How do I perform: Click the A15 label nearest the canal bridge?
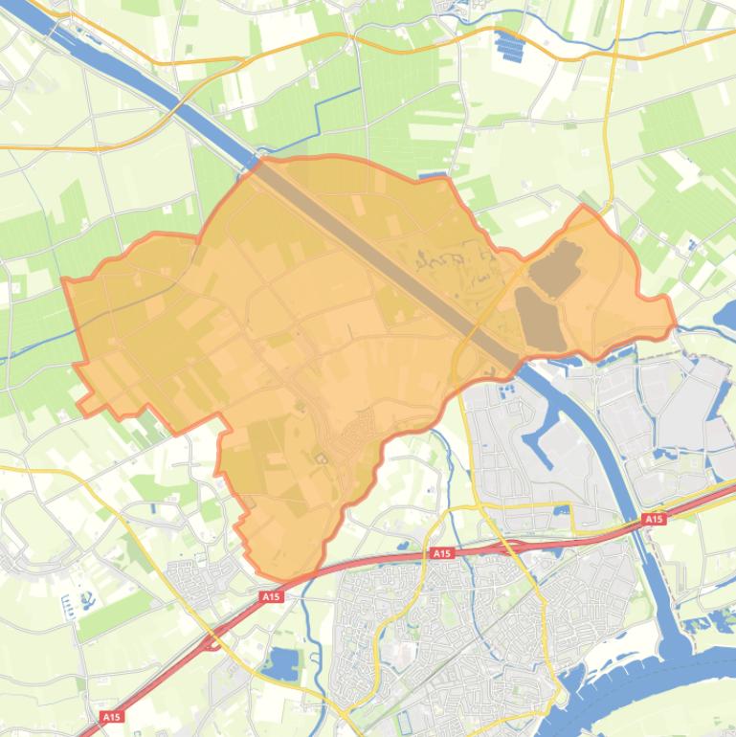pos(654,519)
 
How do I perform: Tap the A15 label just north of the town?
pos(441,553)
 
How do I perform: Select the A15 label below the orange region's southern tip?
pos(272,596)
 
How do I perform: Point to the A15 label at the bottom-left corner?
pos(111,716)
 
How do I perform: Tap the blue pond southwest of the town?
pos(284,662)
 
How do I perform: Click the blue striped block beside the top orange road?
pos(510,42)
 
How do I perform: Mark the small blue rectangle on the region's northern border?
pos(434,176)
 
